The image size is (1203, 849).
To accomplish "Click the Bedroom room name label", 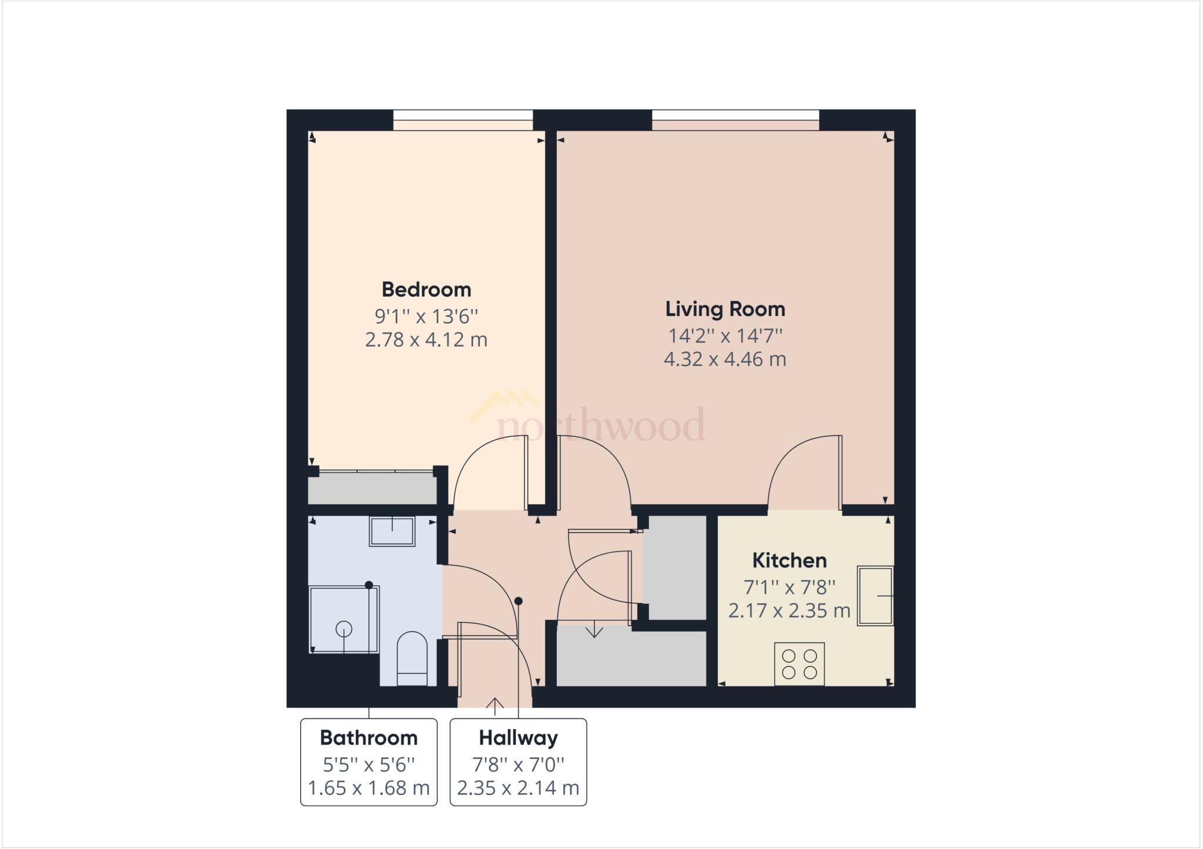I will click(x=426, y=289).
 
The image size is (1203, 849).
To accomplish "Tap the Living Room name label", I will click(x=725, y=308).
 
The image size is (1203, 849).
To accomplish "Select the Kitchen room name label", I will click(x=789, y=560).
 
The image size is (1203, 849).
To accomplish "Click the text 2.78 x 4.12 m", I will click(x=426, y=340).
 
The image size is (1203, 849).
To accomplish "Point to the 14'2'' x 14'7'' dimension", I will click(x=725, y=335).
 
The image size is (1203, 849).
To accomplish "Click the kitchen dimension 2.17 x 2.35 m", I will click(x=789, y=610).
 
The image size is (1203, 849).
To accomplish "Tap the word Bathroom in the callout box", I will click(x=368, y=737).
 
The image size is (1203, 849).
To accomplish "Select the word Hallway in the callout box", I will click(x=518, y=737).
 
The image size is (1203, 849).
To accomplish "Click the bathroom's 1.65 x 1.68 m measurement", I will click(x=368, y=787).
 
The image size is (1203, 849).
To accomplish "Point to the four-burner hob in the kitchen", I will click(x=799, y=664).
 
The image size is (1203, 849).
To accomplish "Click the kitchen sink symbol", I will click(x=875, y=596).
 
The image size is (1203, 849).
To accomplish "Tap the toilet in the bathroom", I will click(x=412, y=658).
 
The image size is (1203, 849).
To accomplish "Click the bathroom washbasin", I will click(x=392, y=531).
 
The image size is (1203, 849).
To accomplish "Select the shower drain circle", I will click(x=344, y=629).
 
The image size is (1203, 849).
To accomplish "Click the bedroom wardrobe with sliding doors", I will click(x=372, y=488).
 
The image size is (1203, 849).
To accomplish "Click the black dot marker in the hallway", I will click(x=518, y=601).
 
